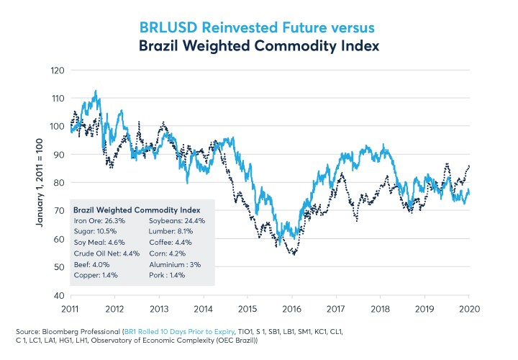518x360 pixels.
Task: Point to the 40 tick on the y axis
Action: (58, 295)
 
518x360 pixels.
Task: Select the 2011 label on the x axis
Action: (71, 308)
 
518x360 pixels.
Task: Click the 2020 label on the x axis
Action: (470, 308)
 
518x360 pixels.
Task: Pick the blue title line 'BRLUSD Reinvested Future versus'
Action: (259, 27)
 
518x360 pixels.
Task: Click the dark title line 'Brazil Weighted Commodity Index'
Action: (259, 45)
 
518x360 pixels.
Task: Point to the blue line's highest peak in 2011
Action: (96, 91)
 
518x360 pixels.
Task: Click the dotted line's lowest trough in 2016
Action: (294, 254)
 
